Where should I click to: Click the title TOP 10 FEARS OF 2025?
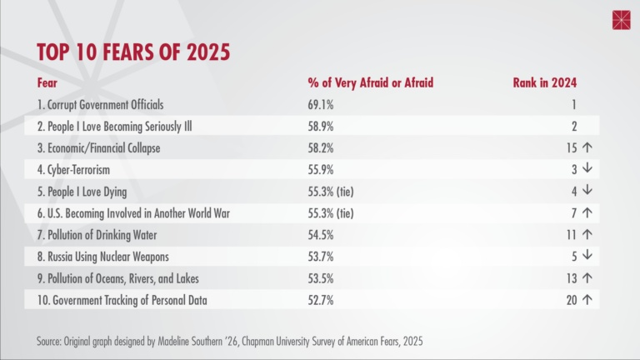(x=133, y=52)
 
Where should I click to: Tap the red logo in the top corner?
(x=622, y=20)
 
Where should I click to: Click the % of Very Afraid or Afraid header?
(x=371, y=82)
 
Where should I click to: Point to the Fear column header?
(x=47, y=82)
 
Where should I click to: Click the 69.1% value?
(x=322, y=105)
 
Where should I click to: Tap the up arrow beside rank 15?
(x=587, y=148)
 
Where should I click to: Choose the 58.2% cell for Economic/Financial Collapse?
(x=322, y=148)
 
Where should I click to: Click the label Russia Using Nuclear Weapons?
(x=109, y=257)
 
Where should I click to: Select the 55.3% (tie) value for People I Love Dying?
(x=331, y=192)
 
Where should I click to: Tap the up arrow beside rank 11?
(x=587, y=235)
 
